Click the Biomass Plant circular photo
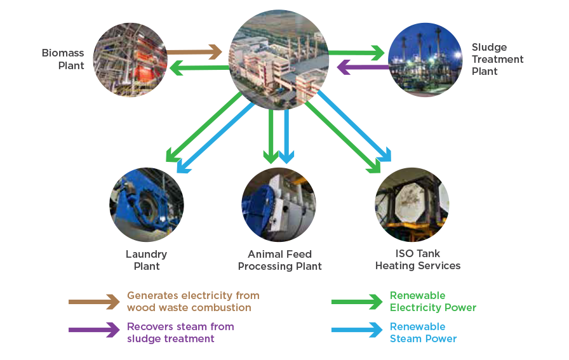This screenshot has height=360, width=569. click(130, 60)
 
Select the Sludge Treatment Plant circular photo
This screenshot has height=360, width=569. click(425, 60)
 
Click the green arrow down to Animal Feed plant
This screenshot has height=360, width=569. click(272, 137)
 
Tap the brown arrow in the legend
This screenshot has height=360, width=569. click(94, 302)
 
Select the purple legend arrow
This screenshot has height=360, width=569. click(94, 330)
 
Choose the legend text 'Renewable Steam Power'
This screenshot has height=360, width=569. click(423, 333)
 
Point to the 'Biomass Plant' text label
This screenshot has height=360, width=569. click(63, 59)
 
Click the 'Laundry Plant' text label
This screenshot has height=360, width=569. click(147, 260)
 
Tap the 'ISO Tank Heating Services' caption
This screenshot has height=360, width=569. click(418, 260)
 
